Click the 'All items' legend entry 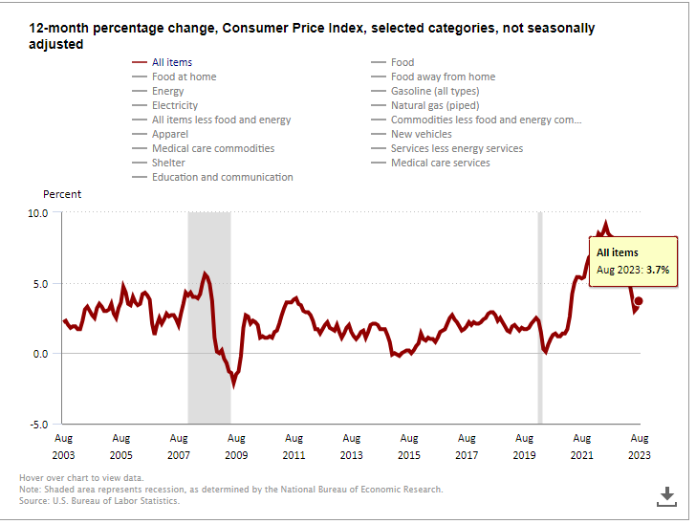point(172,62)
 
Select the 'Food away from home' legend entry point(443,76)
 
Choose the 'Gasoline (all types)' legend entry point(435,91)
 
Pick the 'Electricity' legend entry point(175,105)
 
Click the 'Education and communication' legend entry point(222,177)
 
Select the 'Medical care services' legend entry point(440,163)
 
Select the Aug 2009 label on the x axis point(236,447)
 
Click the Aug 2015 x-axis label point(409,447)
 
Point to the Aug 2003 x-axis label point(63,447)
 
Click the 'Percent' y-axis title point(62,194)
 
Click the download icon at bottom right point(666,495)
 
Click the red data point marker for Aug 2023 point(639,301)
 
